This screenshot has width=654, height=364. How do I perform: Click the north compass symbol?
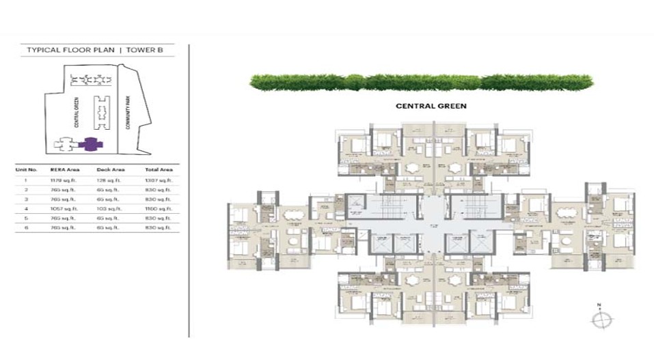(x=602, y=319)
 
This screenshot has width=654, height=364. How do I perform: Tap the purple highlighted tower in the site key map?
(x=89, y=144)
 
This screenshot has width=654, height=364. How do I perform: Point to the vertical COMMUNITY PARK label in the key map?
(x=128, y=110)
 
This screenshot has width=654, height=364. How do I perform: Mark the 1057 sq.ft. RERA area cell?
(x=62, y=208)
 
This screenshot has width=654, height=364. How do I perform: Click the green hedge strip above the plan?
(x=422, y=83)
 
